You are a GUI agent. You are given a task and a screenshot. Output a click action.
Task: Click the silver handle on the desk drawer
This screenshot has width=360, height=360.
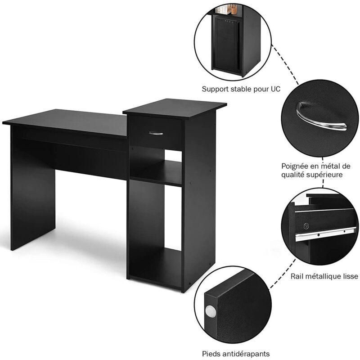pyautogui.click(x=155, y=133)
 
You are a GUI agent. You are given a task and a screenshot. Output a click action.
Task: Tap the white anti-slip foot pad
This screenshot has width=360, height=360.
pyautogui.click(x=211, y=312)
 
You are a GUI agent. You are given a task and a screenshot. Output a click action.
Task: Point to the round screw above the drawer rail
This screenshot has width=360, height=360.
pyautogui.click(x=306, y=226)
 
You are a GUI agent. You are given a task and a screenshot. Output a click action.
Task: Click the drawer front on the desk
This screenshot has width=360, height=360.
pyautogui.click(x=155, y=133)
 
